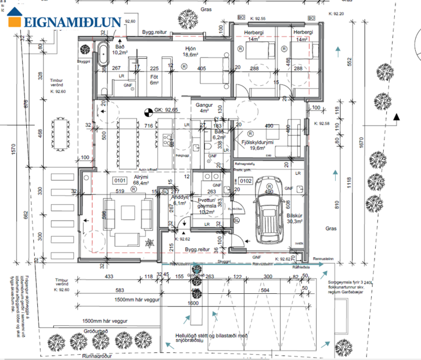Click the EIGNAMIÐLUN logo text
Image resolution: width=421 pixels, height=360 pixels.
(73, 23)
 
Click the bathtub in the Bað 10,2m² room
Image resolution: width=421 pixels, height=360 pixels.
(103, 54)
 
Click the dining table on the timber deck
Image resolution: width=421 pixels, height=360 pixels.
(60, 133)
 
